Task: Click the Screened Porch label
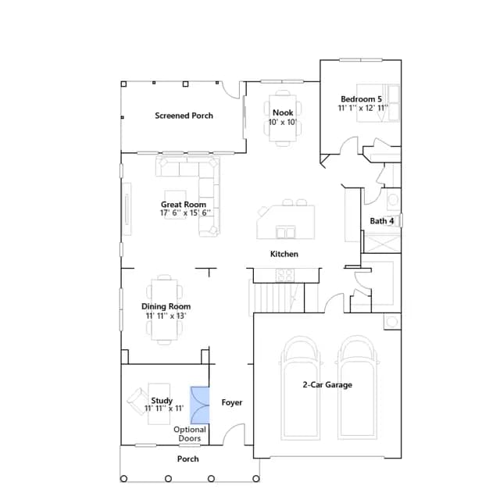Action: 184,116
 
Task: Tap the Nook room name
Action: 283,112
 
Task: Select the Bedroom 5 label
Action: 361,99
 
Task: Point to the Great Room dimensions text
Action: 185,212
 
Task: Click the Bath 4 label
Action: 382,221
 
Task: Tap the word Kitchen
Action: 284,254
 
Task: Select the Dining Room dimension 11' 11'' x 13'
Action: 166,316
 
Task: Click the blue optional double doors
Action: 200,405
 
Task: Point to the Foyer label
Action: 232,402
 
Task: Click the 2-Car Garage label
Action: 327,384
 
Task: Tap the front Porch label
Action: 187,459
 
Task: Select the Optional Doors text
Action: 190,434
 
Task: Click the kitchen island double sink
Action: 286,232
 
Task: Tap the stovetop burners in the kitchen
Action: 284,275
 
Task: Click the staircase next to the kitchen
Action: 276,298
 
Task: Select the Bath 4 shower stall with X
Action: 382,243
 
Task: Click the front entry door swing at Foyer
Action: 234,434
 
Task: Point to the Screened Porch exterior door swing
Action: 231,91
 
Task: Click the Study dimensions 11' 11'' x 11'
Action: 164,409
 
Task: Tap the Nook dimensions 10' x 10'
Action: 283,122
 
